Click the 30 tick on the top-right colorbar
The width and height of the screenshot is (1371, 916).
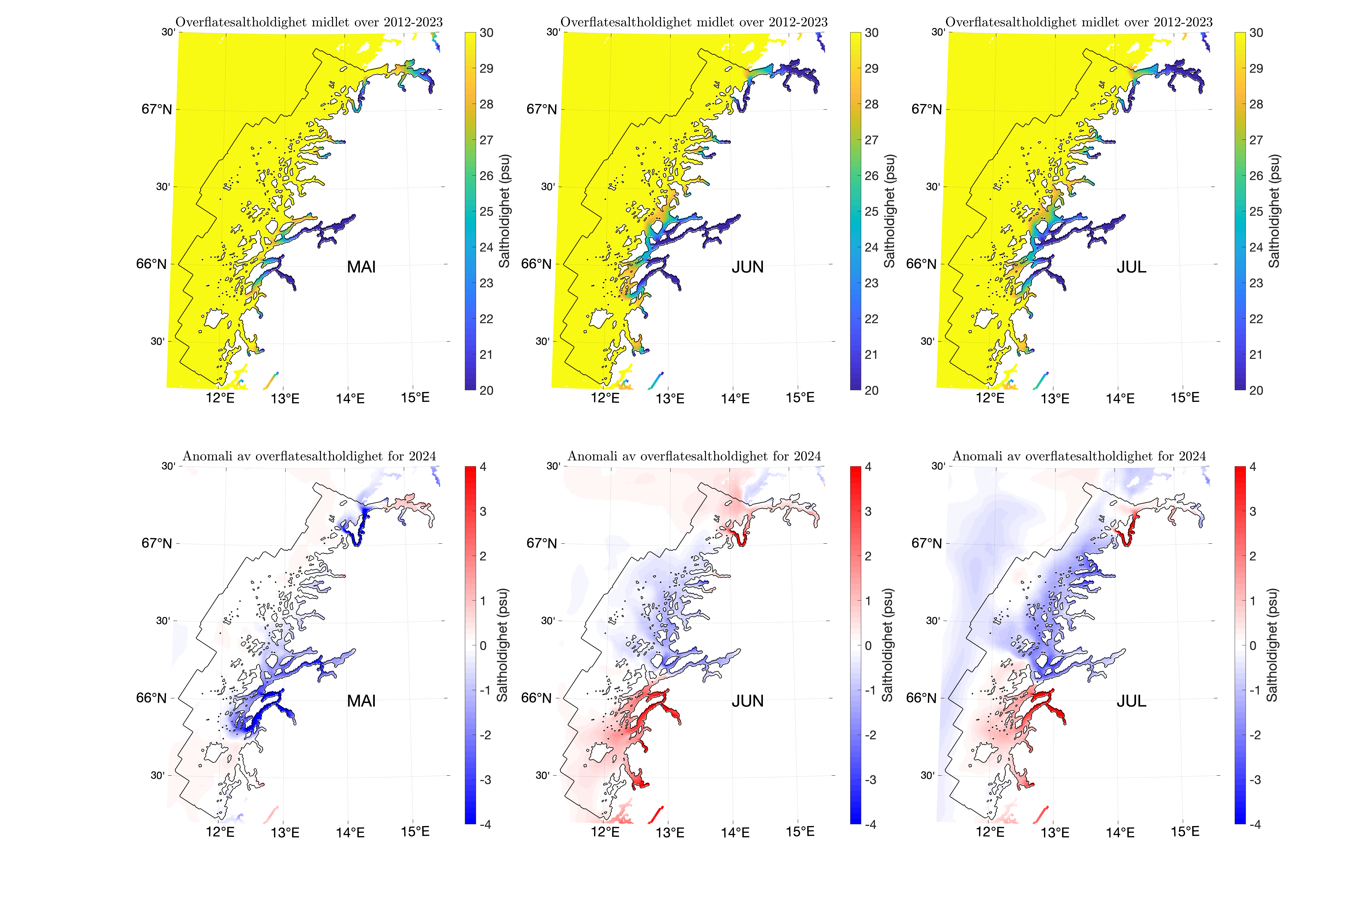[1256, 33]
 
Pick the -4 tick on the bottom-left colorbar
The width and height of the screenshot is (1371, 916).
[485, 824]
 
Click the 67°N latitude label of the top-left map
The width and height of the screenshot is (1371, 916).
[157, 109]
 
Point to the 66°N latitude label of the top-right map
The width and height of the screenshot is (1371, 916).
[921, 264]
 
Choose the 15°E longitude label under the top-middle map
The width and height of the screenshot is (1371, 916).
[800, 398]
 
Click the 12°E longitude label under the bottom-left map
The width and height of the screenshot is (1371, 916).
[220, 832]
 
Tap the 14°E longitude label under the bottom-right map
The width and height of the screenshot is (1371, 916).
[1120, 832]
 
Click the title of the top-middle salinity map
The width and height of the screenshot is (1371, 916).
[694, 22]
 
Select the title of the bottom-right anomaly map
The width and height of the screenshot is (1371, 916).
[1079, 456]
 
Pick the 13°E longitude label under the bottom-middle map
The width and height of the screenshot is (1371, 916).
[670, 832]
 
